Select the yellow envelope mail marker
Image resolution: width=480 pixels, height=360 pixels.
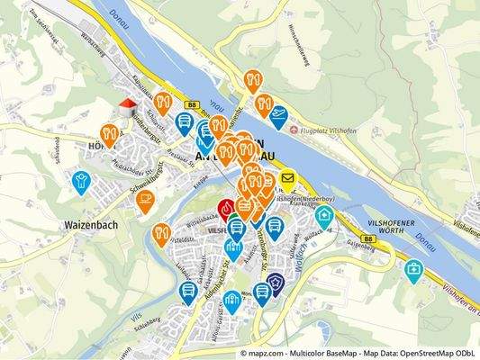(288, 179)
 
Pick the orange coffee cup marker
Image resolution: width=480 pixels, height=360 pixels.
(146, 202)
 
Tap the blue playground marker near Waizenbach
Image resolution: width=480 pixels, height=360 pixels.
(81, 181)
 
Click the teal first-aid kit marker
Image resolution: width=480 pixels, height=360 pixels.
(412, 269)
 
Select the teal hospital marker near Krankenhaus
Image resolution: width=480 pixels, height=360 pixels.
(323, 216)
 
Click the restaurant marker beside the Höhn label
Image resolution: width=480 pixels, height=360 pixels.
(110, 135)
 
